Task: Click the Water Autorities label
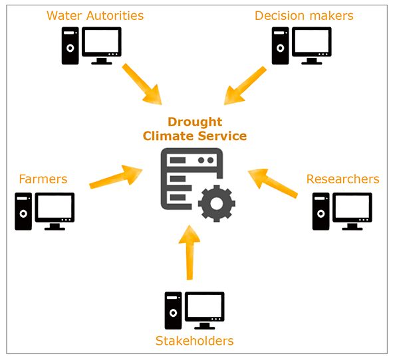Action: pyautogui.click(x=95, y=15)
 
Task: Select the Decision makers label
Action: pyautogui.click(x=304, y=15)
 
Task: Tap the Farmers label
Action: pyautogui.click(x=43, y=179)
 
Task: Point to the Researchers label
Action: pyautogui.click(x=343, y=179)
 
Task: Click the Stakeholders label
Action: pyautogui.click(x=194, y=341)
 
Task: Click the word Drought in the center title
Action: pyautogui.click(x=195, y=122)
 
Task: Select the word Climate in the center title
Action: pyautogui.click(x=168, y=136)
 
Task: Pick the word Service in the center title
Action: pyautogui.click(x=222, y=136)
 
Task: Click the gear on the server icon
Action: pyautogui.click(x=217, y=203)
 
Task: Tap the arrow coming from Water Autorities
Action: pyautogui.click(x=142, y=84)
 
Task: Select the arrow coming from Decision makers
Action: pyautogui.click(x=245, y=86)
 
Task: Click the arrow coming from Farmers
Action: pyautogui.click(x=116, y=177)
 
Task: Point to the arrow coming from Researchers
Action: pyautogui.click(x=273, y=183)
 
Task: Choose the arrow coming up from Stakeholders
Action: pyautogui.click(x=190, y=252)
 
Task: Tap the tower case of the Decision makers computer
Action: pyautogui.click(x=280, y=46)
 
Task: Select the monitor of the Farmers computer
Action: pyautogui.click(x=55, y=211)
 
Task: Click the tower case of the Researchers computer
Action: pyautogui.click(x=321, y=211)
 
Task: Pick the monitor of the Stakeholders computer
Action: pyautogui.click(x=205, y=310)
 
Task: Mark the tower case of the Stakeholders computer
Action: pyautogui.click(x=173, y=310)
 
